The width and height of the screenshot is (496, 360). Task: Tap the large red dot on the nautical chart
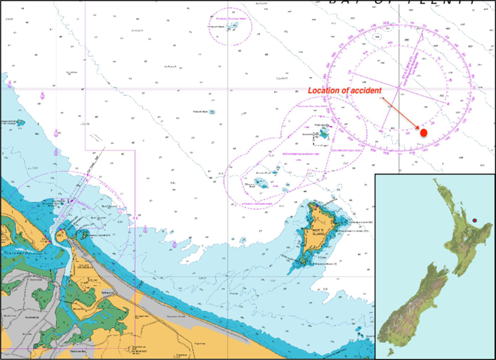424,133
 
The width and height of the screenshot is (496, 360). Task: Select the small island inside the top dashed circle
230,28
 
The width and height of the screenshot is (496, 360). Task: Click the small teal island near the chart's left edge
19,123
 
